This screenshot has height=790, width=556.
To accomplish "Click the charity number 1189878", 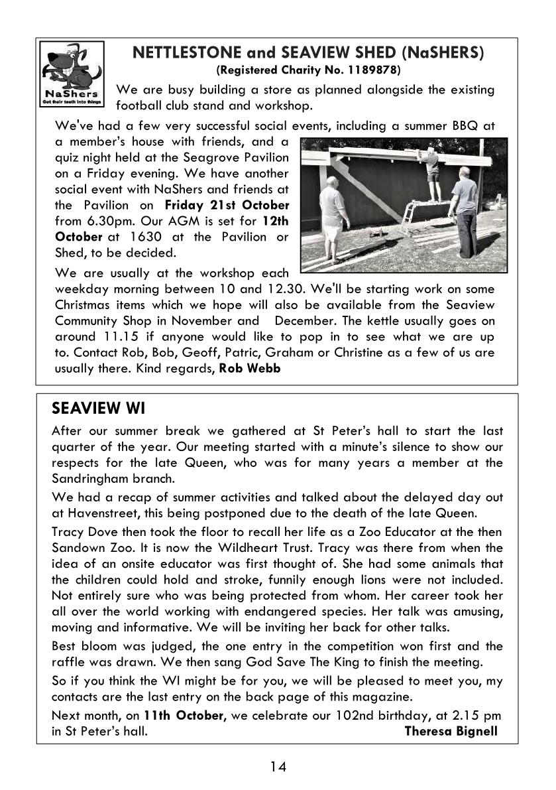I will click(374, 70).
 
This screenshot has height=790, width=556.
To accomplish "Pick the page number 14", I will click(278, 767).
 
